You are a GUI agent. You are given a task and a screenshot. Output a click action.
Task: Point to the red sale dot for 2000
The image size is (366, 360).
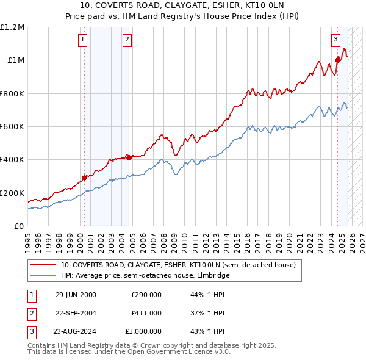pos(84,178)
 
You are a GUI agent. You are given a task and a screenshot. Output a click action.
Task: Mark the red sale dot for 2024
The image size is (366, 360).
pos(337,60)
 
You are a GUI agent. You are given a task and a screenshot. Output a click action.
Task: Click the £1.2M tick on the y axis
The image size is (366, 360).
pos(12,27)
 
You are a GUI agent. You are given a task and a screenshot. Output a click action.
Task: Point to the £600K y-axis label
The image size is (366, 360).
pos(12,126)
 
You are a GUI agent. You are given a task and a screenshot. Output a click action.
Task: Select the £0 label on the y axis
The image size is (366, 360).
pos(18,226)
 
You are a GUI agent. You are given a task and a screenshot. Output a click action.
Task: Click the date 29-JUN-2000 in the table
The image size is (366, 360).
pos(76,295)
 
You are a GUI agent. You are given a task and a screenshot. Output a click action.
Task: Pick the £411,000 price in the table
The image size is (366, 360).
pos(146,313)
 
